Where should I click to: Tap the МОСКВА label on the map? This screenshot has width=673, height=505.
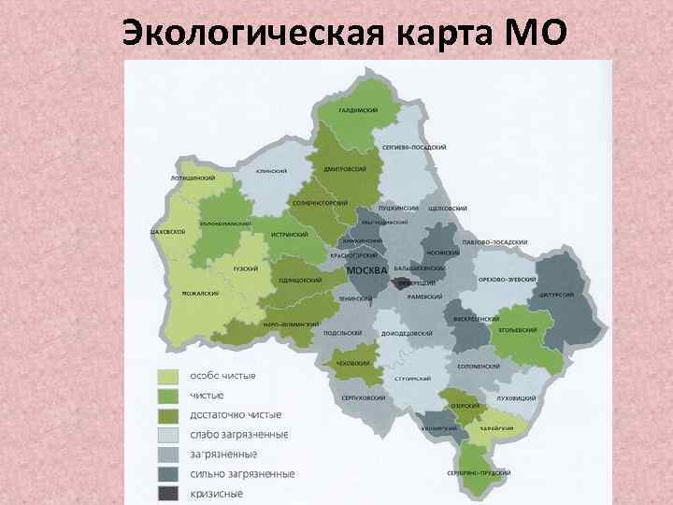coord(366,270)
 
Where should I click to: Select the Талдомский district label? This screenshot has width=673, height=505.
coord(358,110)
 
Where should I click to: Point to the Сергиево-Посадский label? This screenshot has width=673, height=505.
coord(414,148)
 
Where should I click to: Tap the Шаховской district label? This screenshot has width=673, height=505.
coord(167,231)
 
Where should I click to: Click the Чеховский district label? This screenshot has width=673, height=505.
coord(352,362)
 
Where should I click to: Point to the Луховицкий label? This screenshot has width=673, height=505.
coord(517,398)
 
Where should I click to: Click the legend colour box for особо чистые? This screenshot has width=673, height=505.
coord(167,376)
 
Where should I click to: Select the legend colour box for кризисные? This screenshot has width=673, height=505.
coord(167,493)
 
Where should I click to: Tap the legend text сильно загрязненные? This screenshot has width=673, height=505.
coord(242,473)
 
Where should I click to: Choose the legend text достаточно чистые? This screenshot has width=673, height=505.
coord(236,414)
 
